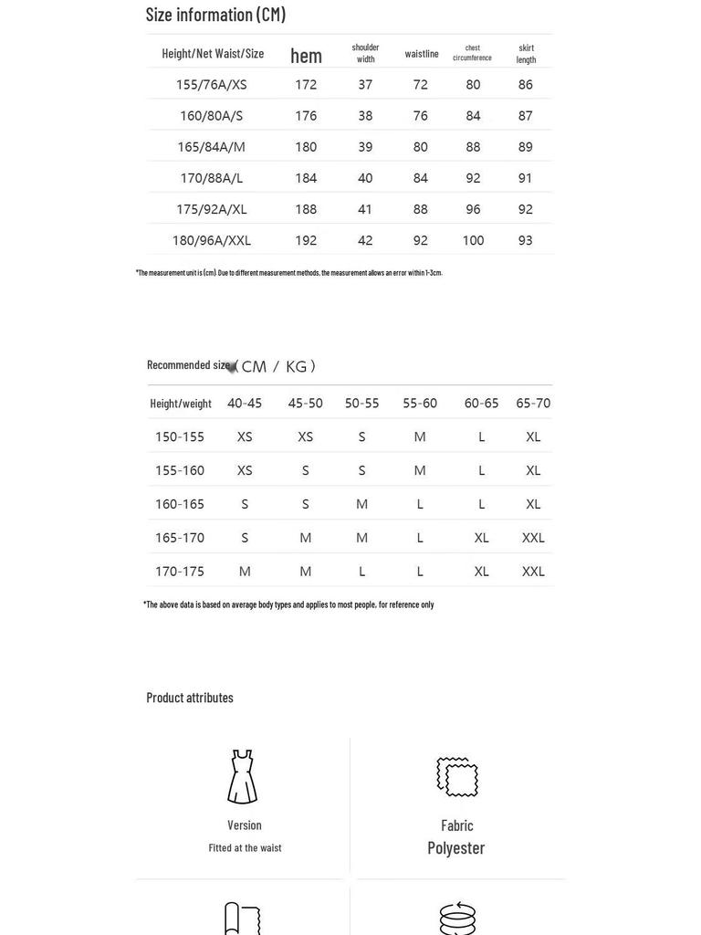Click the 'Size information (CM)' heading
point(215,15)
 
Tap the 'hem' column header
point(306,56)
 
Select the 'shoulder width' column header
point(365,53)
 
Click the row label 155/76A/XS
point(211,85)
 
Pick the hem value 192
point(306,240)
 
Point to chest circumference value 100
point(473,240)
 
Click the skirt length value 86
point(525,85)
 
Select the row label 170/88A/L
point(211,178)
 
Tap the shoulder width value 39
point(365,147)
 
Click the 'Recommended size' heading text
point(188,365)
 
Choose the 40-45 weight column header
point(245,403)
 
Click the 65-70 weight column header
point(533,403)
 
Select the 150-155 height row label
point(180,436)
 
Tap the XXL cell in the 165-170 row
point(533,538)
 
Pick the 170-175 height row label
point(180,572)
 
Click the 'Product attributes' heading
point(190,698)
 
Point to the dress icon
point(243,777)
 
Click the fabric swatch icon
point(456,776)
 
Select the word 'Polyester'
point(456,847)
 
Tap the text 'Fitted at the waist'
point(245,848)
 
